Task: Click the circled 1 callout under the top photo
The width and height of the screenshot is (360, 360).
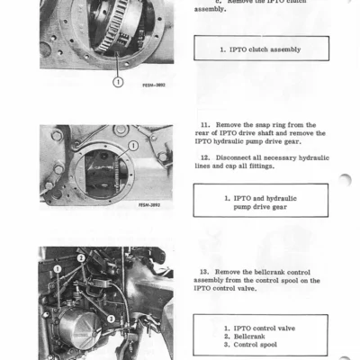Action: click(118, 82)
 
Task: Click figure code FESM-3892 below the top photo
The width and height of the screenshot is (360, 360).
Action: click(153, 85)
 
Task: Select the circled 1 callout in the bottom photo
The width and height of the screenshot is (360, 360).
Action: click(56, 268)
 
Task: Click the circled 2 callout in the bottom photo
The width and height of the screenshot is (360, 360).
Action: click(79, 258)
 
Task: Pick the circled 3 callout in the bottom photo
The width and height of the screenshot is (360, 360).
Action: click(110, 317)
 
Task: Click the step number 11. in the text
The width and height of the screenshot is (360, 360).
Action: click(204, 124)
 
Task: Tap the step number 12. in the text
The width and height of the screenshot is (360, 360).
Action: click(204, 156)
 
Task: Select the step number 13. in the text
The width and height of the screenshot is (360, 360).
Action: click(204, 271)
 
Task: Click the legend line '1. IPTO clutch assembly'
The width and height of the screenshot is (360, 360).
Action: click(261, 49)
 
